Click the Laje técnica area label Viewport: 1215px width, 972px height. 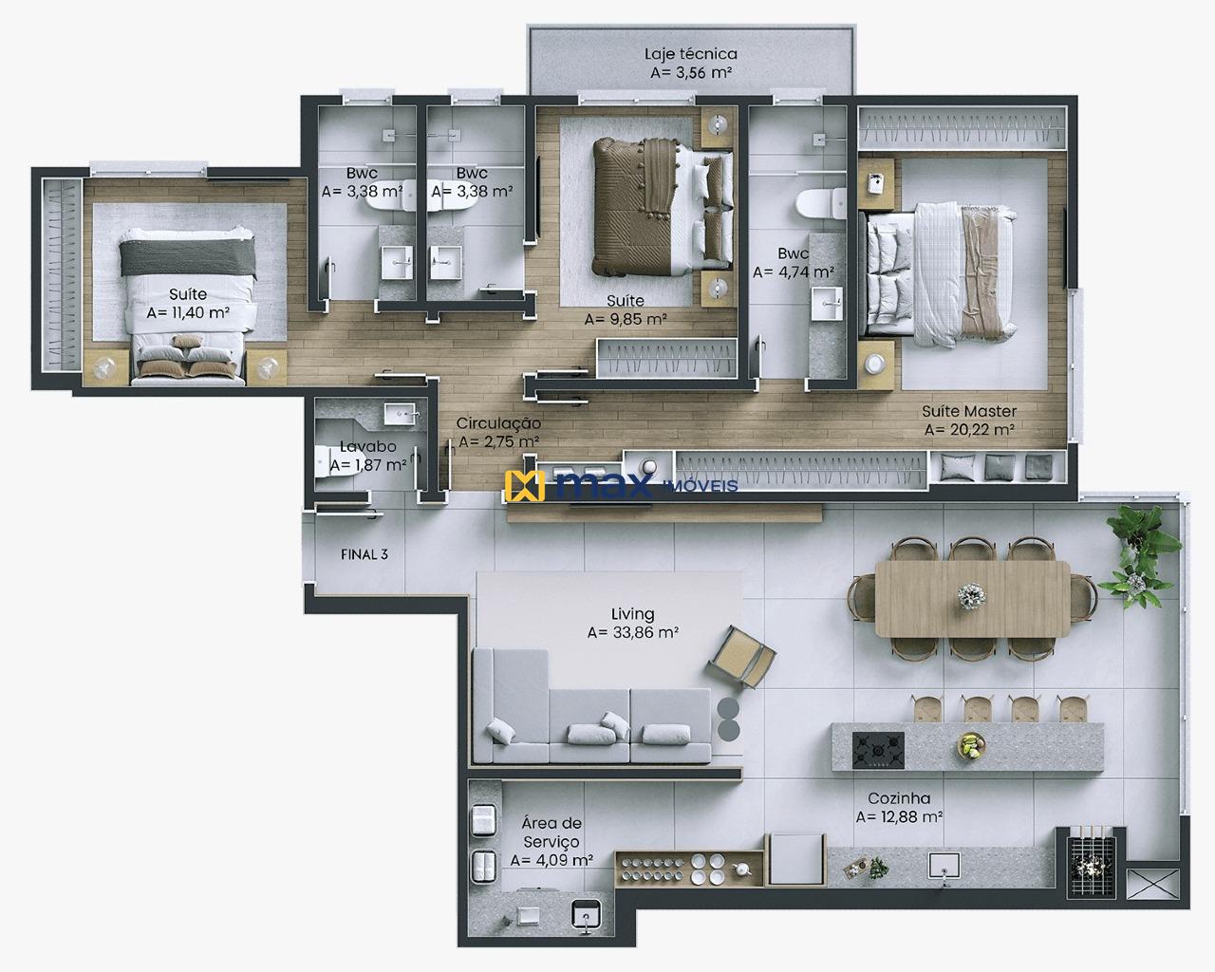[690, 54]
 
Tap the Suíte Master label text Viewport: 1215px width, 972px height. [969, 412]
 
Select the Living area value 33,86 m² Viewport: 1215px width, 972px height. [632, 632]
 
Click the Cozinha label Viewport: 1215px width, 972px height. [898, 799]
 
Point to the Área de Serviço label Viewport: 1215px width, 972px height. [551, 832]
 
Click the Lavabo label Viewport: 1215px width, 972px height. [367, 447]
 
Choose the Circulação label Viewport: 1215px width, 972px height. [498, 423]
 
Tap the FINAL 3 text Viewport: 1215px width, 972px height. [364, 554]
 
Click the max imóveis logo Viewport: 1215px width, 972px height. [623, 486]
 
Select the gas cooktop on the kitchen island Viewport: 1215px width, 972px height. [878, 750]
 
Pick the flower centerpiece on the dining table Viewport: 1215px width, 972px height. [971, 596]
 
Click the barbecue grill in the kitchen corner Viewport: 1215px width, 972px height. [1089, 854]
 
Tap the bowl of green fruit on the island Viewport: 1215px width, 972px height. [969, 747]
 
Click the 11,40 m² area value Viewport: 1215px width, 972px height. [188, 312]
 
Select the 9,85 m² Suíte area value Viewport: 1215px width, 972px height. [625, 319]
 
